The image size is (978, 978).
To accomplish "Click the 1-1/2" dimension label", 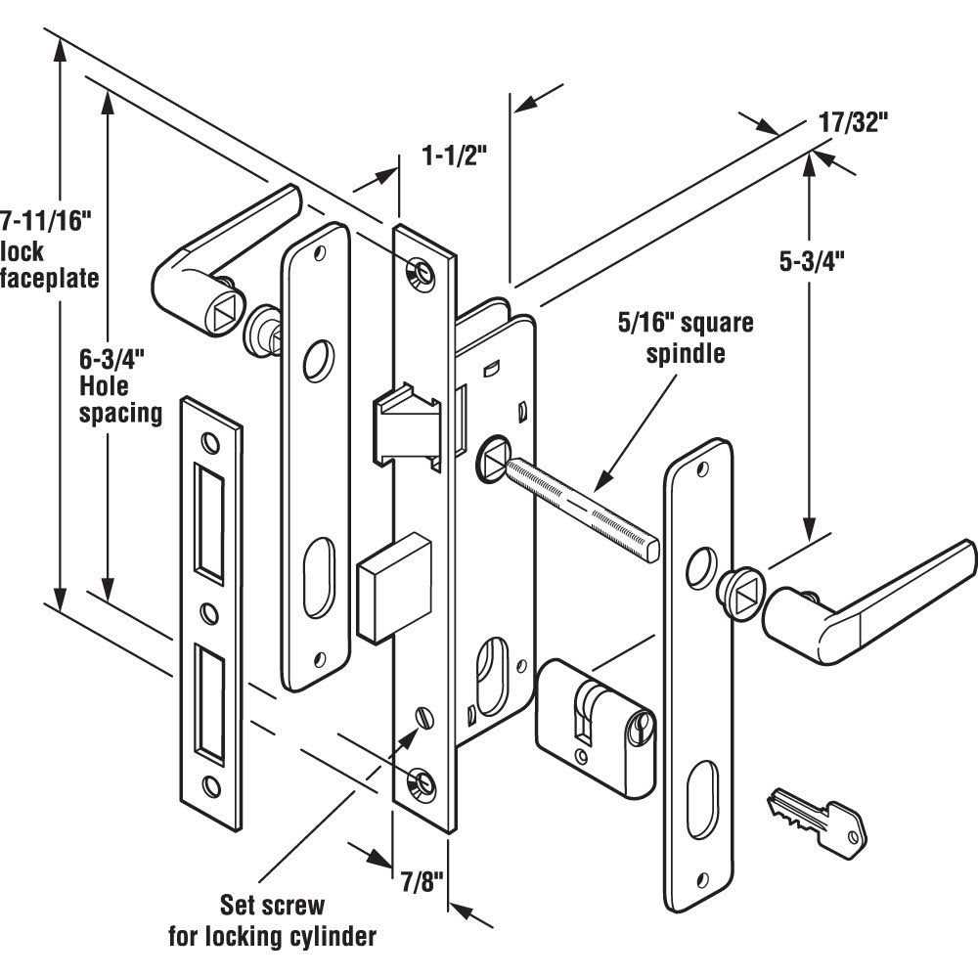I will pyautogui.click(x=453, y=155).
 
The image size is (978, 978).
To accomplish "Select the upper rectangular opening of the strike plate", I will pyautogui.click(x=209, y=517).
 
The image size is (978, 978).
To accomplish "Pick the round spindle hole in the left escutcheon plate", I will pyautogui.click(x=315, y=360).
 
